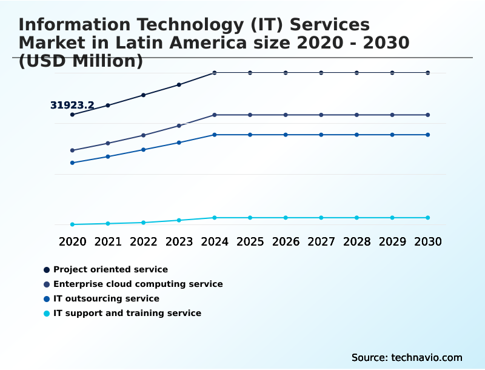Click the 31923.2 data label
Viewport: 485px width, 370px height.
[72, 106]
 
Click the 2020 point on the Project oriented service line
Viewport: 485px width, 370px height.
[72, 115]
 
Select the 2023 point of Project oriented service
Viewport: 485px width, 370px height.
[179, 84]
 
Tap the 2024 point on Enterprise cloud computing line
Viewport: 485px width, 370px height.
[215, 115]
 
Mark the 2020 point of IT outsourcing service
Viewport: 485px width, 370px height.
[72, 163]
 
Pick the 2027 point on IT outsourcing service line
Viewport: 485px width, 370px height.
[321, 135]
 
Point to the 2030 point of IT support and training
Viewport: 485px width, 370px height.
[427, 218]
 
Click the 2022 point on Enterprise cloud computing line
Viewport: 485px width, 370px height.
[144, 135]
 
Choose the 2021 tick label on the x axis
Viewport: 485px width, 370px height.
[108, 241]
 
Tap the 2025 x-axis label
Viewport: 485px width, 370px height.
[250, 241]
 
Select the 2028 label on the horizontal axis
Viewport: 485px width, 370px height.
[356, 241]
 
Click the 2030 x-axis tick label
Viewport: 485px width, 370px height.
[427, 241]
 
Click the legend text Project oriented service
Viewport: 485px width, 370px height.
[110, 269]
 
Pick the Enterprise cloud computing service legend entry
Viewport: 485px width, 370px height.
[138, 284]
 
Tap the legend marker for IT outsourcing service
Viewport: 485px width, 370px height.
[47, 298]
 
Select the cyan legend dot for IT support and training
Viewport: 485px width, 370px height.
[47, 313]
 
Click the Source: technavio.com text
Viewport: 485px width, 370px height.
[407, 357]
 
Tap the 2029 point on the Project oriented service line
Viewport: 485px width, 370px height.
[392, 73]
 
